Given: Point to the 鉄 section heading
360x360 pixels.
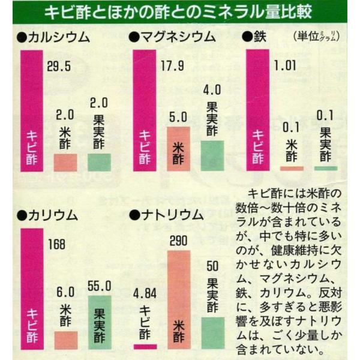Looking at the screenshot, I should coord(256,38).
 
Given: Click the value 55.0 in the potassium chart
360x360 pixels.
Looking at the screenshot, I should coord(100,286).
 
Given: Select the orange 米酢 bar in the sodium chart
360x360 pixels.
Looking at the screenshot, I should coord(179,300).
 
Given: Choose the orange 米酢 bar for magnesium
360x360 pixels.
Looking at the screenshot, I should coord(178,149).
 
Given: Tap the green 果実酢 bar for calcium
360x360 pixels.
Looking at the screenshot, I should coord(99,162).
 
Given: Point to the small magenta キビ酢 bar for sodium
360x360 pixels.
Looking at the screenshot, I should coord(145,346).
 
